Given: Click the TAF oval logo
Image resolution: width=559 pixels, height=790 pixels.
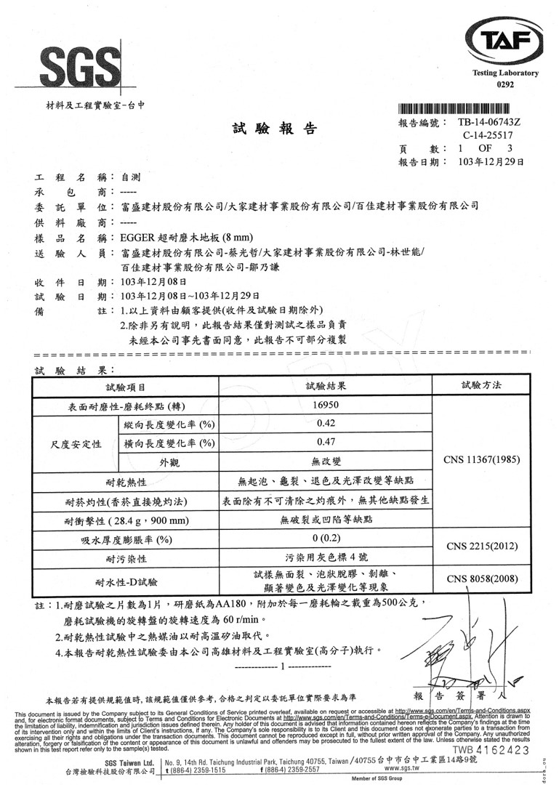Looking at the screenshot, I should tap(504, 41).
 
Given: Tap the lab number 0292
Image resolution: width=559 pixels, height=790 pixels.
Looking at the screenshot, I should tap(504, 85).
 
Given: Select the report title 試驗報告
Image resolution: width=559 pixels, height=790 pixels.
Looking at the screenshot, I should tap(275, 129).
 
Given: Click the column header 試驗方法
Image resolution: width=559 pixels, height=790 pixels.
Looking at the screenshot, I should tap(480, 385).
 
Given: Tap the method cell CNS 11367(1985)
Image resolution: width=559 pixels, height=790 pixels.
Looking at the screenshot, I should tap(480, 460).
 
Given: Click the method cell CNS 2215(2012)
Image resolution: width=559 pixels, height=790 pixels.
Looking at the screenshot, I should tap(480, 546).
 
